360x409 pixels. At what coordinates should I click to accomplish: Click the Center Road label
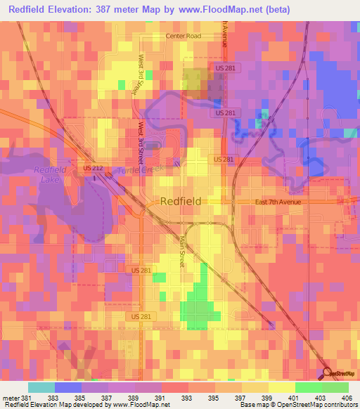184,35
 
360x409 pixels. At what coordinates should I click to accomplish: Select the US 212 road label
92,168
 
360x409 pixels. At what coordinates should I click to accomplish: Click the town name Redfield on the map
181,201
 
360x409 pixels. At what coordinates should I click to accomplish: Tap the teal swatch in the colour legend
41,387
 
